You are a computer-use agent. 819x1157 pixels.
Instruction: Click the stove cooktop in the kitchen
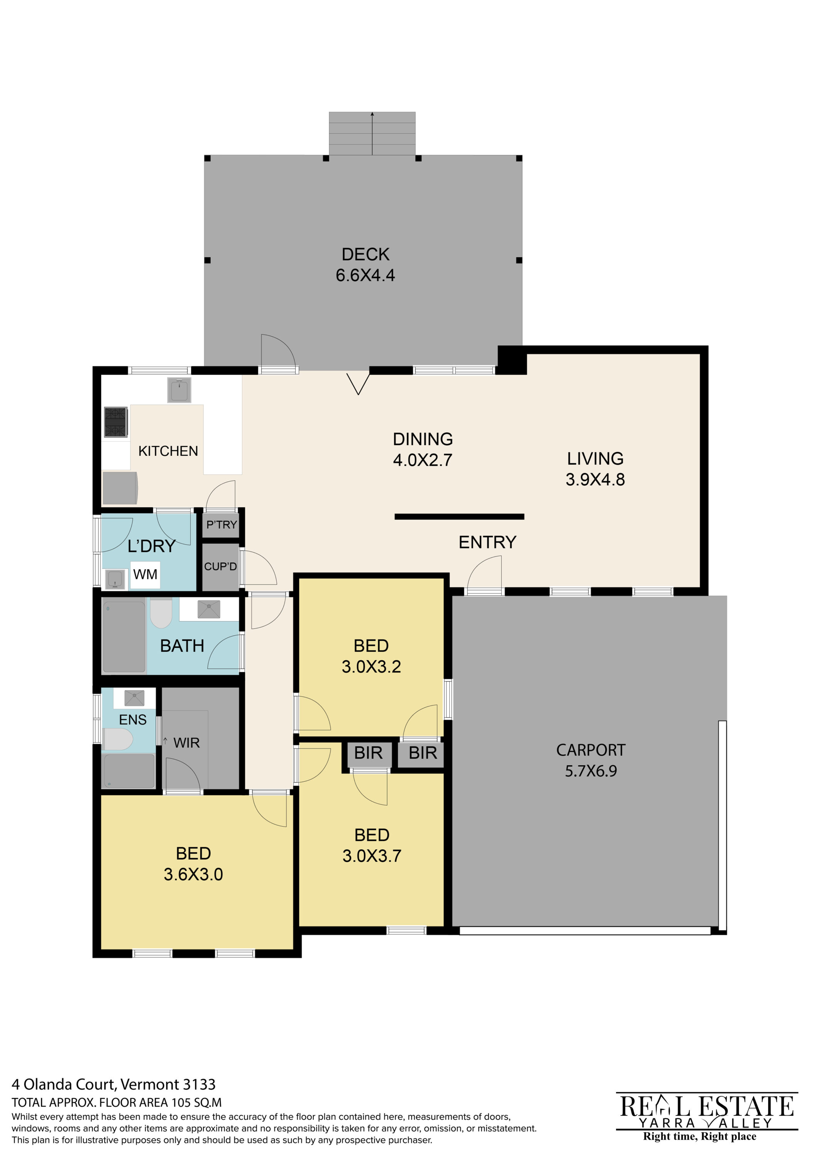[x=116, y=422]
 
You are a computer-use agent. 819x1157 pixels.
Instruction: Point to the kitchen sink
[x=179, y=390]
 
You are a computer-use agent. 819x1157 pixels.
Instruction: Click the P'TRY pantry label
[x=222, y=525]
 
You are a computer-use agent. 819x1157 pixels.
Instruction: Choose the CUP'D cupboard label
[x=220, y=567]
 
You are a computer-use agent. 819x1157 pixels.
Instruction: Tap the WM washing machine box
[x=145, y=575]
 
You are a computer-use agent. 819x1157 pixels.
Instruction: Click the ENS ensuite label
[x=133, y=720]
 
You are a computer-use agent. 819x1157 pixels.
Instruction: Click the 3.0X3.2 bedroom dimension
[x=371, y=667]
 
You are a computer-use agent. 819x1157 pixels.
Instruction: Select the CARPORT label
[x=591, y=751]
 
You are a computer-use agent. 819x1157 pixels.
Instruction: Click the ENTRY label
[x=488, y=542]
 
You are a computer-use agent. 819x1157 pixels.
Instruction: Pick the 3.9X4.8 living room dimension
[x=595, y=479]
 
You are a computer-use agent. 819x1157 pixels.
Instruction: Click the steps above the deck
[x=372, y=133]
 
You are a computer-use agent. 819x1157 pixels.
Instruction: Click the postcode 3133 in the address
[x=199, y=1084]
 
